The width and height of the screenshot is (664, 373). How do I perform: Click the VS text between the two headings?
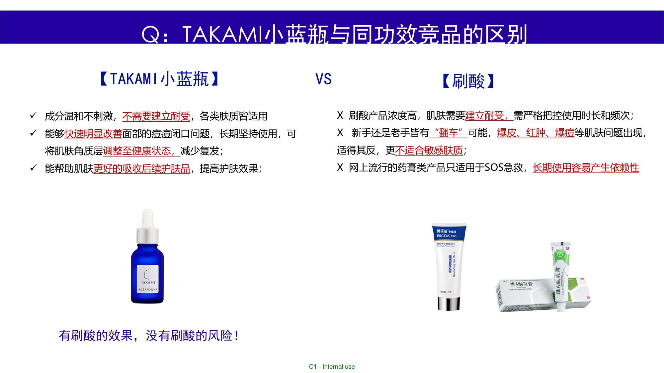coord(323,79)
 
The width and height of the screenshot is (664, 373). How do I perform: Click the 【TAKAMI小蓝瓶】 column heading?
coord(159,79)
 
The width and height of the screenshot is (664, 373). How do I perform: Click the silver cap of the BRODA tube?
coord(449,303)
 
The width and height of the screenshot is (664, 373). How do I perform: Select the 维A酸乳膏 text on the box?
coord(521,284)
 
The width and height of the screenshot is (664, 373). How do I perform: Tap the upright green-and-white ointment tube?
coord(560,275)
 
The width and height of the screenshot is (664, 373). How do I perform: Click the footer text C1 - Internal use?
coord(332,366)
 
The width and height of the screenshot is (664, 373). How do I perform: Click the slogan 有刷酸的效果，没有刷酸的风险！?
coord(148,336)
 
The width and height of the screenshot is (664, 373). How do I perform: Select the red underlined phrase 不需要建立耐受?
coord(156,116)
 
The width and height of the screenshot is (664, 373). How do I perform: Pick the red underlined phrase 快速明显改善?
coord(93,134)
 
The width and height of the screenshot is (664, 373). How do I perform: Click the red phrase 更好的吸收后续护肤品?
coord(142,168)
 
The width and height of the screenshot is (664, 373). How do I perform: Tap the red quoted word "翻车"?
coord(449,133)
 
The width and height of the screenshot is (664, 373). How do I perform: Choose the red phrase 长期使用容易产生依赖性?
coord(586,167)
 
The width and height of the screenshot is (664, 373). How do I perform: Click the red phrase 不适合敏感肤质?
coord(429,151)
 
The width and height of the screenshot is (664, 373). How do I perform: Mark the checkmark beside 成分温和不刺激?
coord(33,115)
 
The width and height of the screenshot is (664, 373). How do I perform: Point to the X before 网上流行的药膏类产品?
coord(340,167)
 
